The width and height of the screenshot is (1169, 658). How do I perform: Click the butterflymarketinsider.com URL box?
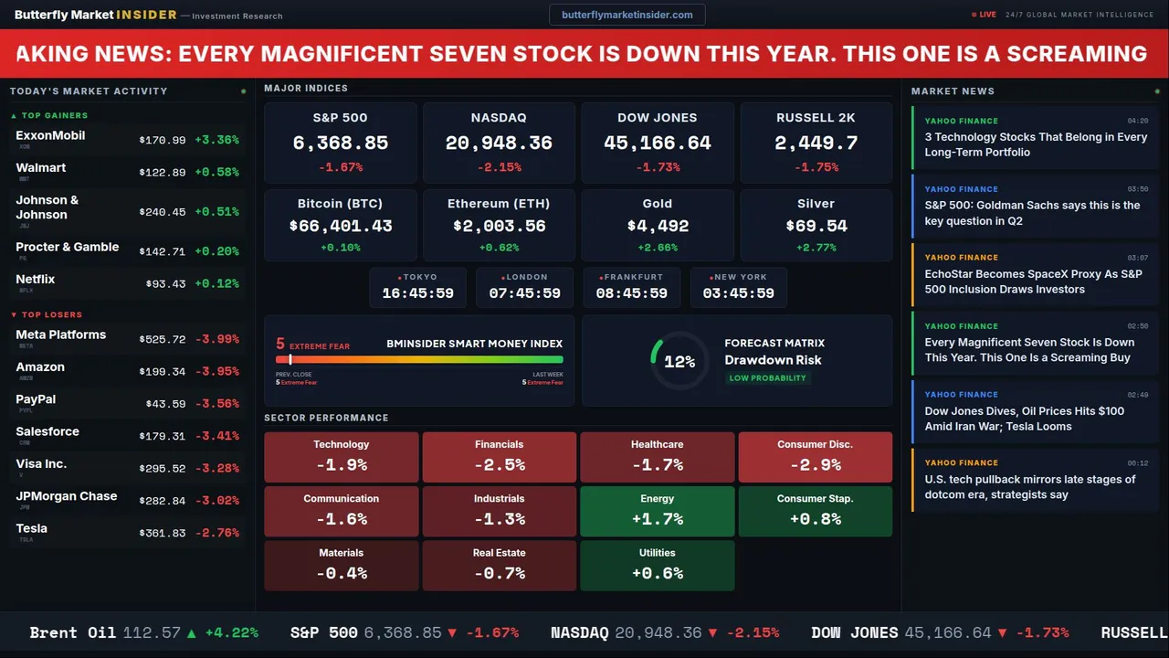(x=627, y=15)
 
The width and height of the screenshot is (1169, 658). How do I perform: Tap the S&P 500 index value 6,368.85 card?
(x=340, y=143)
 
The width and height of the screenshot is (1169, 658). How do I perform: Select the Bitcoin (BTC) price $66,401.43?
(x=340, y=226)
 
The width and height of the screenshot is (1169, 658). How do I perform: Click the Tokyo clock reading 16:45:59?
(x=417, y=293)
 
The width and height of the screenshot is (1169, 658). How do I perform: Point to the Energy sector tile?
(x=657, y=511)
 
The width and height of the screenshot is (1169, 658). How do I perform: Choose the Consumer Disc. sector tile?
(x=815, y=456)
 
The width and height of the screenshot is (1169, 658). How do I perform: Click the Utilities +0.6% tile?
(x=657, y=565)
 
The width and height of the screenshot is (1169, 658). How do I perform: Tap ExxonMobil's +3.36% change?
(x=216, y=140)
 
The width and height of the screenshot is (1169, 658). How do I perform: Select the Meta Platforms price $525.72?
(x=163, y=339)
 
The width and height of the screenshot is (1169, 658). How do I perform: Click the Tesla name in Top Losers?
(x=32, y=528)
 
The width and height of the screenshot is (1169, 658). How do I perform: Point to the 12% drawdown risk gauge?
(x=679, y=362)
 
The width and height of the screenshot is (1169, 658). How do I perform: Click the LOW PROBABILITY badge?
(x=767, y=378)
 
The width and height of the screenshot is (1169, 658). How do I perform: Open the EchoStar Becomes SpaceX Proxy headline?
(x=1033, y=281)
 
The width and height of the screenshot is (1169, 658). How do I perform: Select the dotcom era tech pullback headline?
(x=1029, y=487)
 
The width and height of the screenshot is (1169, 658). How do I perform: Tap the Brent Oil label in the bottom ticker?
(x=72, y=632)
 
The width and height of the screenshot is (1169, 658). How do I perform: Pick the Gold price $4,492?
(x=658, y=226)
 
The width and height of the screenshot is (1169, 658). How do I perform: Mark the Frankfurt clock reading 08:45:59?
(x=631, y=293)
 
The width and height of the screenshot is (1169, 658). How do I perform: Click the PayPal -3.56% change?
(x=216, y=404)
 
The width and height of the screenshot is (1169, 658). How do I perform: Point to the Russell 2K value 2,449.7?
(x=816, y=143)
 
